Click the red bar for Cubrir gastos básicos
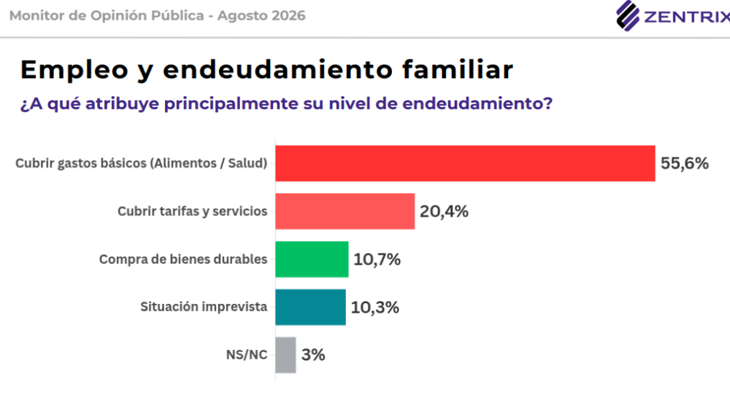[465, 163]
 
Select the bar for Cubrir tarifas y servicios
[345, 211]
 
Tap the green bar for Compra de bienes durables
[312, 259]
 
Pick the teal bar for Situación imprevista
[310, 308]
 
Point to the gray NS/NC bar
[285, 355]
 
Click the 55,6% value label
[685, 163]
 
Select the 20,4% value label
[444, 211]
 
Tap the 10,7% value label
[377, 259]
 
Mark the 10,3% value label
[374, 308]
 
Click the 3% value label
[313, 355]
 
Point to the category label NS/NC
[247, 355]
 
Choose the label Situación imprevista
[204, 307]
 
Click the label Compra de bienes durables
[183, 259]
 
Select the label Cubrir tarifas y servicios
[192, 211]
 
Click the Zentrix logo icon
[628, 16]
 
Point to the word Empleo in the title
[74, 70]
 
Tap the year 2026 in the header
[288, 16]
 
